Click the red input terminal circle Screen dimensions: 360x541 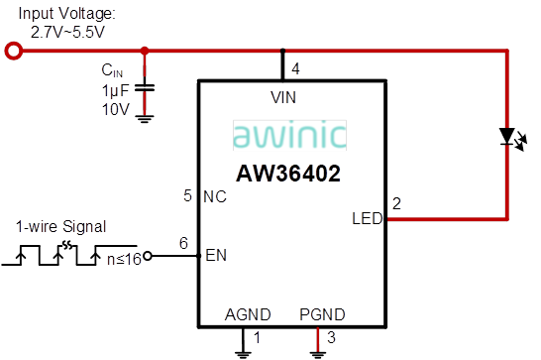(x=12, y=51)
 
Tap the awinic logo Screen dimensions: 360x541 (x=290, y=135)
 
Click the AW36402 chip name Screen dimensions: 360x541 (x=288, y=174)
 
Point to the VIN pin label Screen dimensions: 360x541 (x=283, y=97)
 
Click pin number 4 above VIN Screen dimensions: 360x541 (x=294, y=68)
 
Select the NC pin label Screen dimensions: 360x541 (x=215, y=196)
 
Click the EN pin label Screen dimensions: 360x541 (x=215, y=256)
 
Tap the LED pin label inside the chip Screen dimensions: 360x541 (x=367, y=218)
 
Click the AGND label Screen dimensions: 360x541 (x=248, y=314)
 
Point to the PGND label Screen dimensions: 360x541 (x=322, y=314)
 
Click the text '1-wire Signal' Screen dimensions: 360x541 (x=61, y=226)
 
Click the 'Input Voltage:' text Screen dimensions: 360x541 (x=67, y=15)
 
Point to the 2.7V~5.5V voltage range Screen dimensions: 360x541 (x=68, y=32)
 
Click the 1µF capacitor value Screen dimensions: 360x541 (x=115, y=89)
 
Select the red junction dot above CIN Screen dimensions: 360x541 (x=145, y=51)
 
